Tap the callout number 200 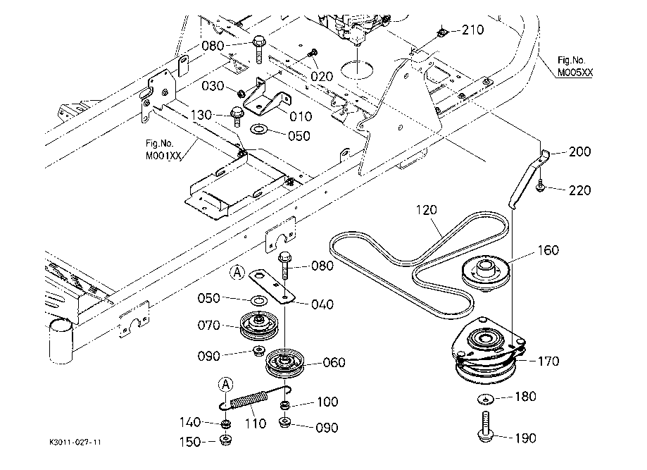point(580,151)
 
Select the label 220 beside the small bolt point(580,190)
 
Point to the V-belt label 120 point(427,210)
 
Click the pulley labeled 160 point(484,271)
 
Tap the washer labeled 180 point(487,400)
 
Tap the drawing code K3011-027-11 point(76,442)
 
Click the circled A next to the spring point(225,384)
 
